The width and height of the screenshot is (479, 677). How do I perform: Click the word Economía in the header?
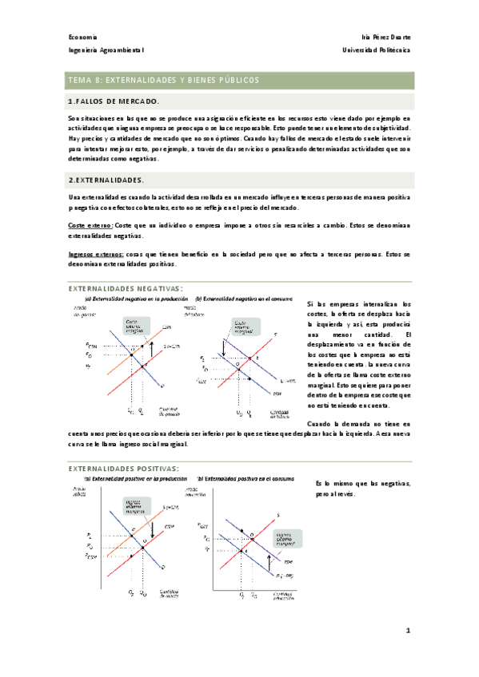point(82,37)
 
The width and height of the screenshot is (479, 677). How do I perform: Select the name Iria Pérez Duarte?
point(386,37)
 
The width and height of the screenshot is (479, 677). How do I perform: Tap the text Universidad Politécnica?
point(376,50)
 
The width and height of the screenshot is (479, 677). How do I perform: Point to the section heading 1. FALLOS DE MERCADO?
point(114,101)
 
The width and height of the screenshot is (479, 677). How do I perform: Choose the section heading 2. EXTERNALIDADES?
point(106,180)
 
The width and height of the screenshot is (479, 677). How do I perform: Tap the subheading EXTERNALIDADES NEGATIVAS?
point(126,288)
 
